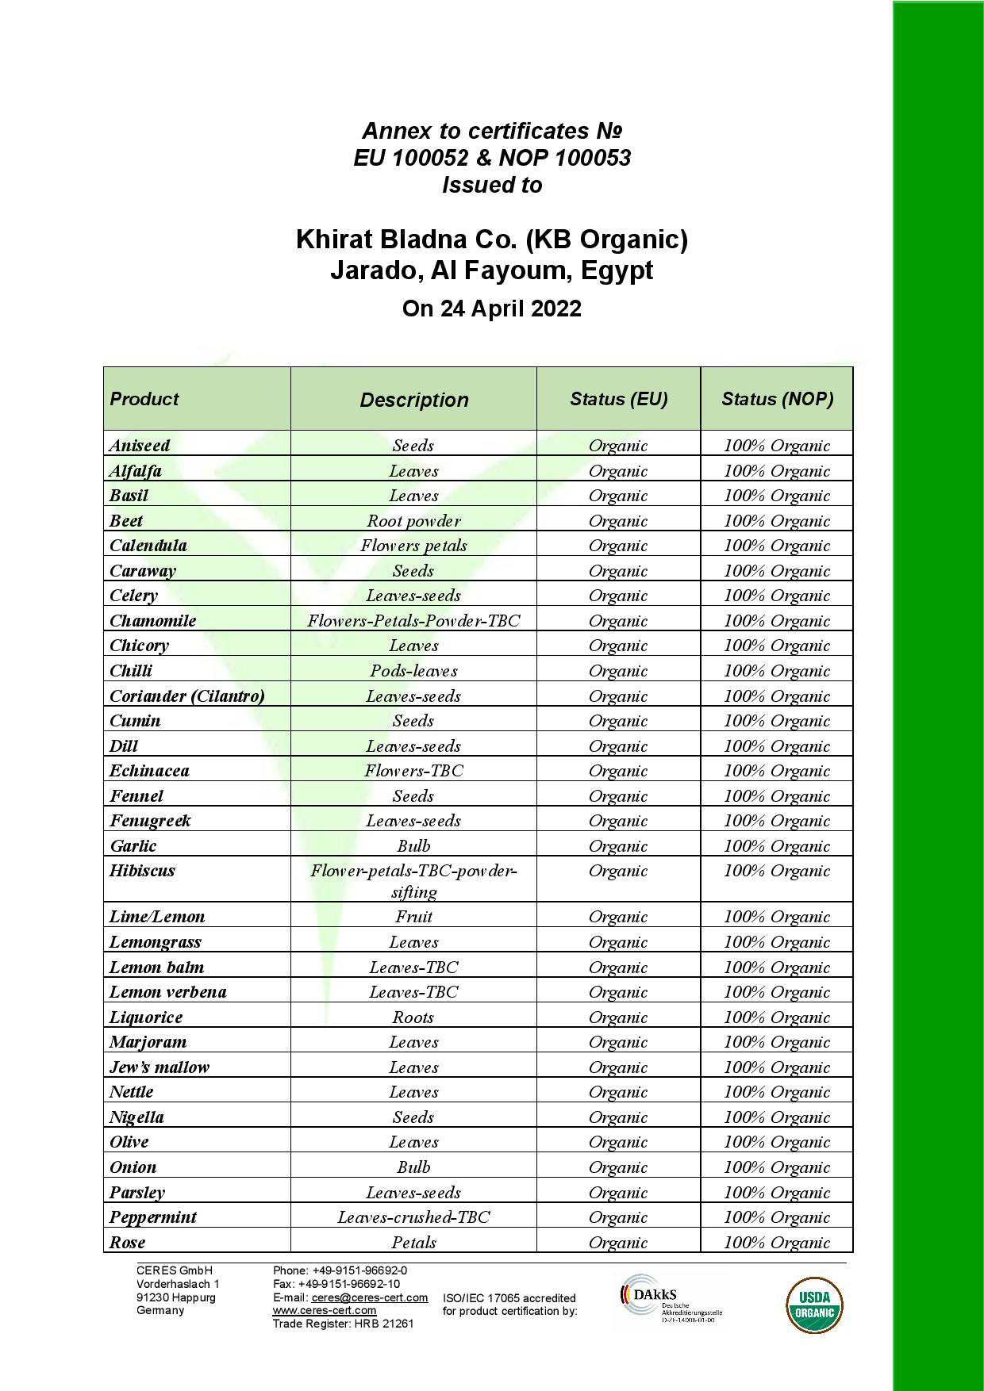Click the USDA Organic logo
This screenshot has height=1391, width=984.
[814, 1305]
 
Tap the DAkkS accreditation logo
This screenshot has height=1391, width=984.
[671, 1301]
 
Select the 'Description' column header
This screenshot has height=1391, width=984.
[413, 400]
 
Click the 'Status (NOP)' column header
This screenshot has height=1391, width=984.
[777, 399]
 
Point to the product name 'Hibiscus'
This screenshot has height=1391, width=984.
[142, 871]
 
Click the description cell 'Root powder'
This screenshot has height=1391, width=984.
[413, 521]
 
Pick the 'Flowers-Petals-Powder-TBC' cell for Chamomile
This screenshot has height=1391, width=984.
[413, 621]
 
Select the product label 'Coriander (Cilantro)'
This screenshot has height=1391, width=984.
[187, 696]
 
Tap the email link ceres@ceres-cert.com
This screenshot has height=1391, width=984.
[370, 1297]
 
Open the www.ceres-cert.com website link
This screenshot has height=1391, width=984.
[324, 1310]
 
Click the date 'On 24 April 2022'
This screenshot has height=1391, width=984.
[491, 308]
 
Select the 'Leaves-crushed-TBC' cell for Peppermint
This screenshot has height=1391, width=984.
[413, 1217]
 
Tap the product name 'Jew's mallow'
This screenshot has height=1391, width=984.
[160, 1067]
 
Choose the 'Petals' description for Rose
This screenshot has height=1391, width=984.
[413, 1243]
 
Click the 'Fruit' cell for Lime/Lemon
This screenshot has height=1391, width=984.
[413, 917]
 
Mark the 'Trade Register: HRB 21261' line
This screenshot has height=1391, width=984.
[343, 1324]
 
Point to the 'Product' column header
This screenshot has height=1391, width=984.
[144, 399]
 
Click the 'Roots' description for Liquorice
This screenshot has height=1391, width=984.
[413, 1017]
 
